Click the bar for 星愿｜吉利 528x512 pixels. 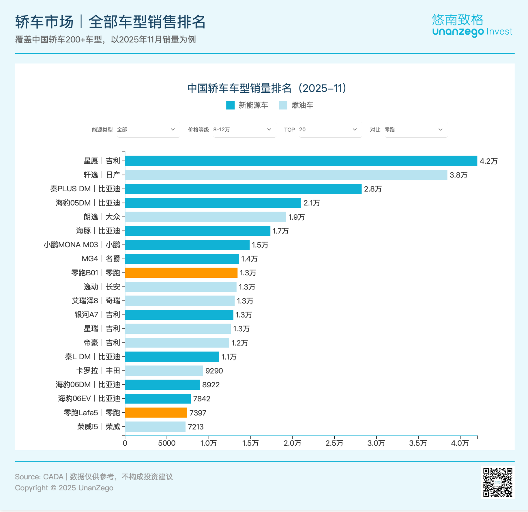tap(301, 161)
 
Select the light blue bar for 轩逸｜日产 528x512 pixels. tap(286, 175)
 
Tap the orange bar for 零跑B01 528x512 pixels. tap(181, 273)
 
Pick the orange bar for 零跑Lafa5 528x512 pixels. tap(156, 413)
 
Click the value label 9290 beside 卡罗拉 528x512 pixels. tap(214, 371)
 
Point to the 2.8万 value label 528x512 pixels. tap(373, 189)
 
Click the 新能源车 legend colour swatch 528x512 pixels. tap(230, 105)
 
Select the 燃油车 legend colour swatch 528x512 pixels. tap(283, 105)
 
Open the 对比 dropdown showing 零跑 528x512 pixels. tap(416, 130)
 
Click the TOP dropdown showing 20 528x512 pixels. tap(330, 130)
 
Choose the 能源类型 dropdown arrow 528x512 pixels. tap(173, 130)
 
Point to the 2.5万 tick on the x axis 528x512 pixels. tap(334, 443)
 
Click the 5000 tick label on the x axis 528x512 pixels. tap(167, 443)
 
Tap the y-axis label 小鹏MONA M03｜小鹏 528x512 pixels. tap(82, 245)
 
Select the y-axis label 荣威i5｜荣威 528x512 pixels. tap(98, 427)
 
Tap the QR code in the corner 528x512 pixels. tap(498, 482)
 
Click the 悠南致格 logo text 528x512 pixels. tap(457, 20)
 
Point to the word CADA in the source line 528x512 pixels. tap(53, 477)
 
